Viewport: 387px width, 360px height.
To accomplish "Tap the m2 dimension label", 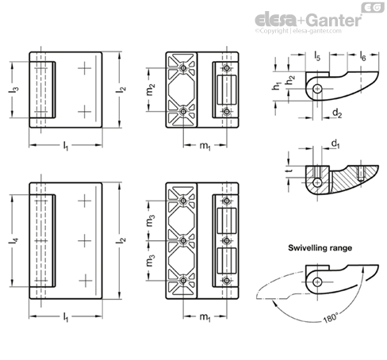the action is pyautogui.click(x=151, y=89).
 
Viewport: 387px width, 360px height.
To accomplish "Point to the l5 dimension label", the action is pyautogui.click(x=317, y=56).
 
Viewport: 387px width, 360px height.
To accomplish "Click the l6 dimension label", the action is pyautogui.click(x=362, y=56).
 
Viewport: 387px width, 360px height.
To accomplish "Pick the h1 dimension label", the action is pyautogui.click(x=277, y=86).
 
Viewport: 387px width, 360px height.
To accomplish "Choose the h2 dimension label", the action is pyautogui.click(x=290, y=80).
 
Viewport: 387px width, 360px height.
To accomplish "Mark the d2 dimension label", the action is pyautogui.click(x=337, y=113).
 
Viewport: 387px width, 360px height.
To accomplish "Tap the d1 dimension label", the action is pyautogui.click(x=335, y=144).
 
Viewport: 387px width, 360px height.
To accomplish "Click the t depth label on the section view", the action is pyautogui.click(x=289, y=170).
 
